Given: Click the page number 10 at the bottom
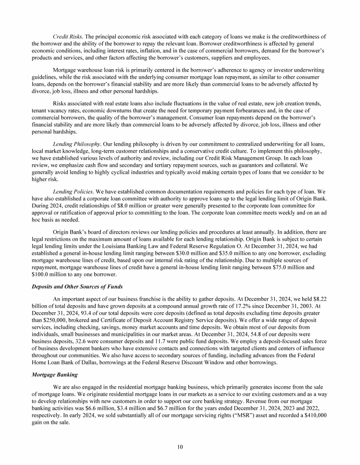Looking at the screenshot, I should tap(180, 447).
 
